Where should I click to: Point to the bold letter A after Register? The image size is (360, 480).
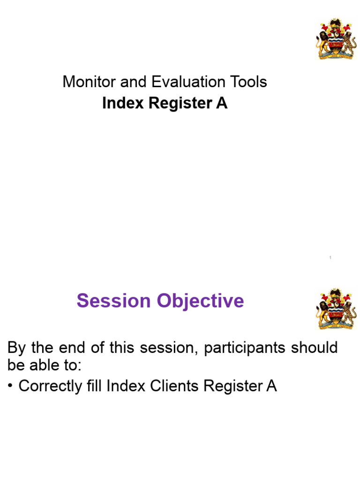pyautogui.click(x=222, y=104)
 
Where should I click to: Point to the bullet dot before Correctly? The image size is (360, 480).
pyautogui.click(x=11, y=386)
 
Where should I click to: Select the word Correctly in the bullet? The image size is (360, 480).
pyautogui.click(x=50, y=386)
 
